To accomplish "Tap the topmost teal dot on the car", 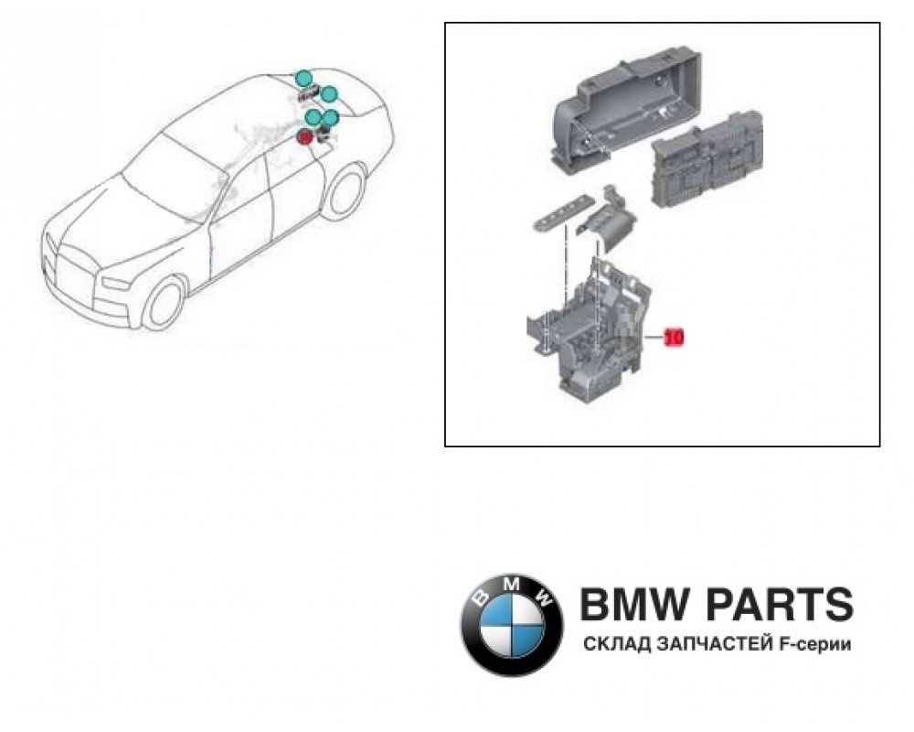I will pyautogui.click(x=303, y=76).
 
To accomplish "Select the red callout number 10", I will pyautogui.click(x=674, y=337).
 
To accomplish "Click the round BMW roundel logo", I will pyautogui.click(x=512, y=625).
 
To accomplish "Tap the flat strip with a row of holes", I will pyautogui.click(x=558, y=213).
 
